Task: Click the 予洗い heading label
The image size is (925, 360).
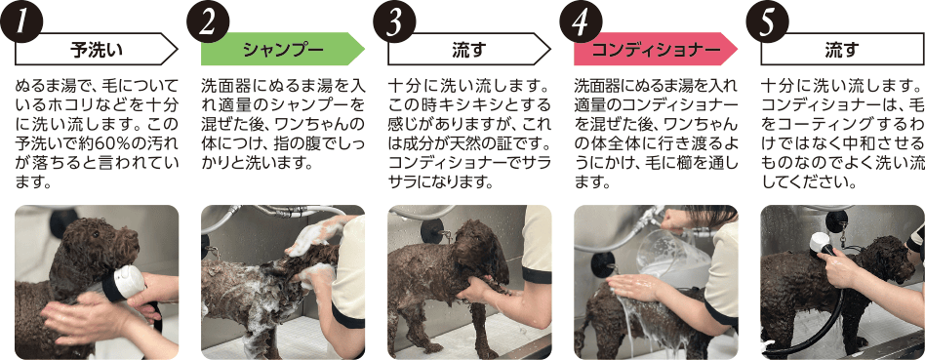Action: click(97, 49)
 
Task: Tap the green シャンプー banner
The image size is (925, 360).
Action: click(283, 49)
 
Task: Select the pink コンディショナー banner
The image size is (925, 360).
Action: click(656, 49)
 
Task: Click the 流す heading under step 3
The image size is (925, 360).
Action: click(469, 49)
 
